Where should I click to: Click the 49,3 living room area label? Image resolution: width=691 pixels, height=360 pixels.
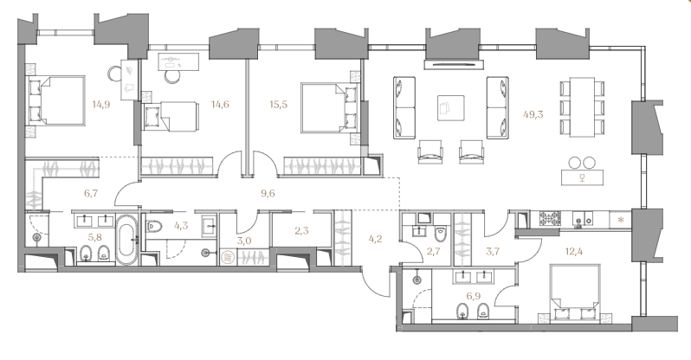[x=533, y=114]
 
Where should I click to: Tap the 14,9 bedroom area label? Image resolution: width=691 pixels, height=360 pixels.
[x=101, y=105]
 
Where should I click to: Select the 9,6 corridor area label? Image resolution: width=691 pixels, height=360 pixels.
[x=268, y=193]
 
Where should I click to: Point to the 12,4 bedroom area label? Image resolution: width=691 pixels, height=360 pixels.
[x=574, y=252]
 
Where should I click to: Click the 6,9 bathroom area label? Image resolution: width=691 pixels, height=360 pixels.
[x=473, y=296]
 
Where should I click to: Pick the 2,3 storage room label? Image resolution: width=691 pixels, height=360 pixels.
[x=301, y=230]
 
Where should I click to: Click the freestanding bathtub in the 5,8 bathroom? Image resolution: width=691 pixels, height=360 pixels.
[x=127, y=241]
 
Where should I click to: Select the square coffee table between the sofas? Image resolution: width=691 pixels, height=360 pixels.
[x=451, y=107]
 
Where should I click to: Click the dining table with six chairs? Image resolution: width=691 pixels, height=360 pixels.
[x=582, y=107]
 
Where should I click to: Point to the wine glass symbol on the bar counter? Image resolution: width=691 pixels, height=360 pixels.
[x=582, y=177]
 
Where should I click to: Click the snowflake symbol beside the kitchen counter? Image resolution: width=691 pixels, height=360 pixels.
[x=622, y=219]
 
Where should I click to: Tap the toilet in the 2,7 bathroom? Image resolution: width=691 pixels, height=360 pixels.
[x=440, y=234]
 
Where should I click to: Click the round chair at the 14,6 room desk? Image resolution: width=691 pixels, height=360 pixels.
[x=171, y=76]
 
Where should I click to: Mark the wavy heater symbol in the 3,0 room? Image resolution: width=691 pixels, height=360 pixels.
[x=229, y=256]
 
